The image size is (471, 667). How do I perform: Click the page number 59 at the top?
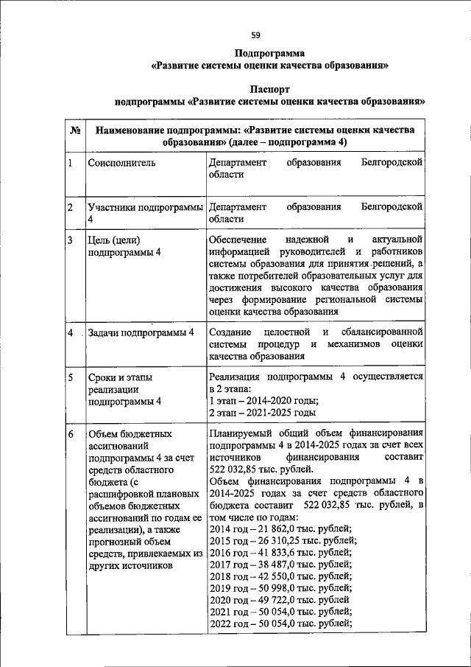pyautogui.click(x=255, y=35)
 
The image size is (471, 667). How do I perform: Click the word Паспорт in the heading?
pyautogui.click(x=270, y=87)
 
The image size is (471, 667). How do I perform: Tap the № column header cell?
pyautogui.click(x=74, y=130)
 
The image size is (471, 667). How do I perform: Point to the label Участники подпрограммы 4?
pyautogui.click(x=145, y=214)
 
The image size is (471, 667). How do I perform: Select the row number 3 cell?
pyautogui.click(x=70, y=240)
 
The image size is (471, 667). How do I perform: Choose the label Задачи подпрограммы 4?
pyautogui.click(x=141, y=332)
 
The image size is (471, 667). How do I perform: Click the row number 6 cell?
pyautogui.click(x=70, y=435)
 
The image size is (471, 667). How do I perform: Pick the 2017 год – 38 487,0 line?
pyautogui.click(x=280, y=564)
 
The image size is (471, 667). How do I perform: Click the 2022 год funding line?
pyautogui.click(x=280, y=624)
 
